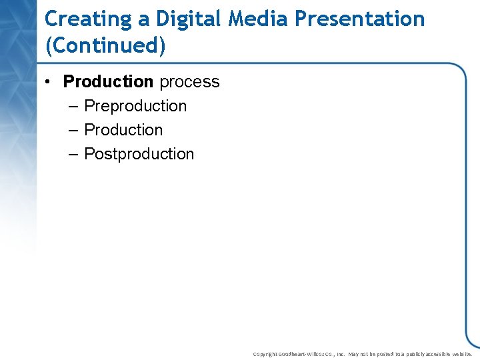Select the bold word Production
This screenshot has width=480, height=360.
tap(108, 81)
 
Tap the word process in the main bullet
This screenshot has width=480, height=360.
tap(189, 82)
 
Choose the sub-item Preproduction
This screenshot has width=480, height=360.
tap(135, 106)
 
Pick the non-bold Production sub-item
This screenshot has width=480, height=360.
tap(123, 130)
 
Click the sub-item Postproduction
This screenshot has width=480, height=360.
tap(139, 154)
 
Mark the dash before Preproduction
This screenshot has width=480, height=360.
tap(73, 106)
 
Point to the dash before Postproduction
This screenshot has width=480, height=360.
tap(73, 154)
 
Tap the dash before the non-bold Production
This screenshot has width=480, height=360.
tap(73, 130)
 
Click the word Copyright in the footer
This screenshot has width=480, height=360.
tap(265, 354)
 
